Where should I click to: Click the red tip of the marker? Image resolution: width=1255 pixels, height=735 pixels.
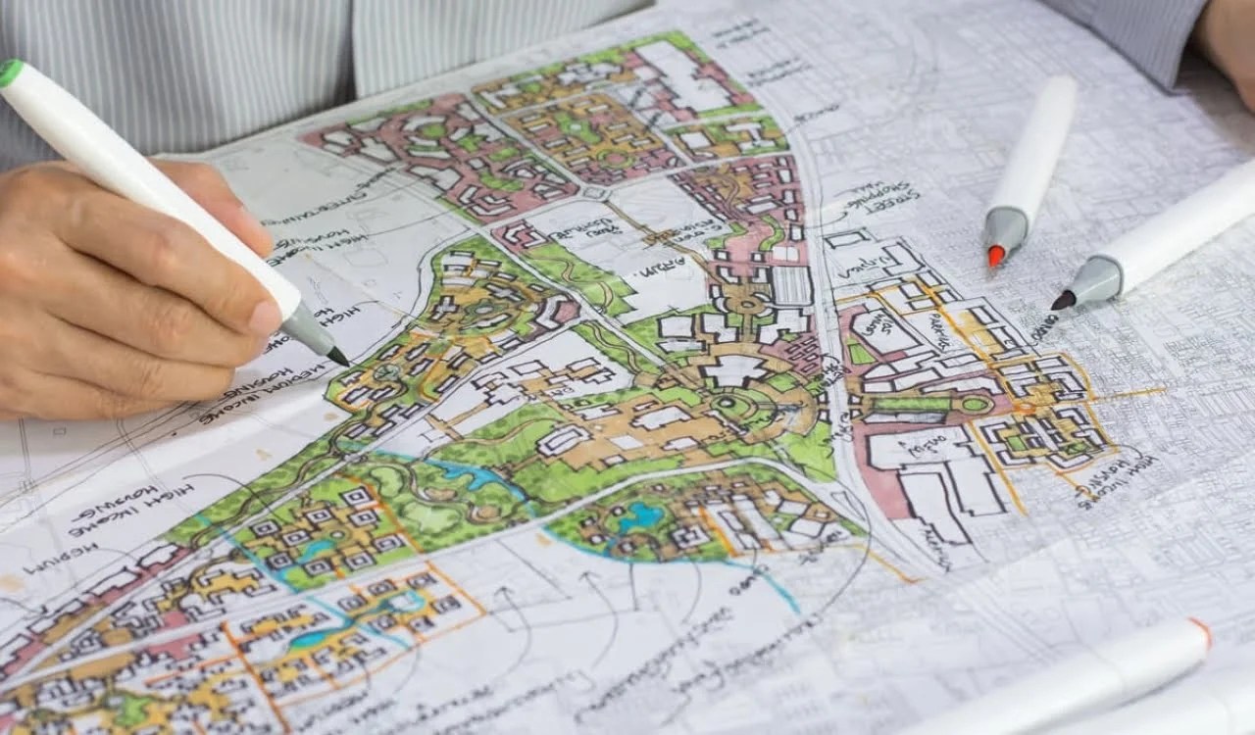point(996,256)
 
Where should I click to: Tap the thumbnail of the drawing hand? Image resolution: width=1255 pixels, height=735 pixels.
point(263,316)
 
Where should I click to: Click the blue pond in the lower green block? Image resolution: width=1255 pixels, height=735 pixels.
point(641,515)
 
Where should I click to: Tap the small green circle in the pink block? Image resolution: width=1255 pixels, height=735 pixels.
point(976,403)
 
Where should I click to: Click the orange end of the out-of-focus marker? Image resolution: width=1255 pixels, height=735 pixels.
point(1200,632)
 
